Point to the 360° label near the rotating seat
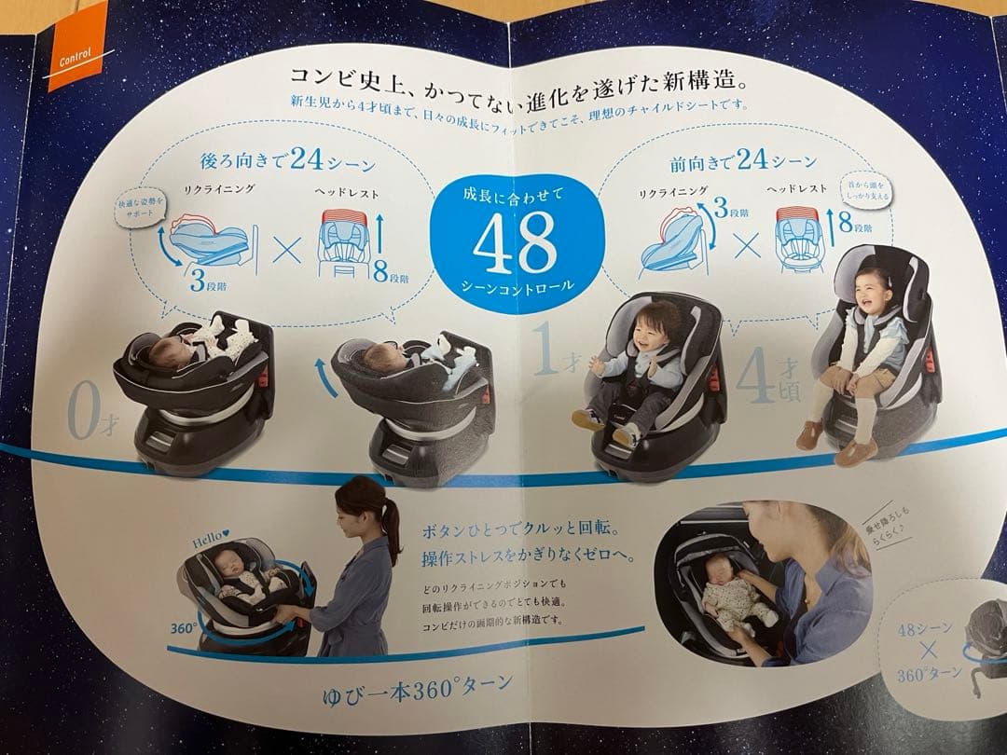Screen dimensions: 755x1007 click(x=183, y=628)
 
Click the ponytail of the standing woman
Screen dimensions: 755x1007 click(x=393, y=527)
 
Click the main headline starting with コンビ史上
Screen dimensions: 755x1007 click(x=504, y=80)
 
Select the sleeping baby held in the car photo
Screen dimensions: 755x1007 click(x=737, y=597)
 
